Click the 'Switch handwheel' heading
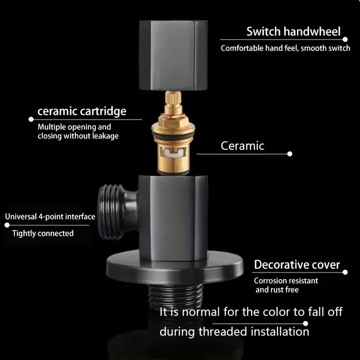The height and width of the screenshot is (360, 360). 293,32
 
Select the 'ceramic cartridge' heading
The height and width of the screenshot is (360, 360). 82,111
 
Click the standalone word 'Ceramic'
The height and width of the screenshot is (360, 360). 242,146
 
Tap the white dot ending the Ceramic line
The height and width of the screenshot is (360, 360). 290,154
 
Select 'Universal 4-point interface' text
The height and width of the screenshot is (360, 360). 50,216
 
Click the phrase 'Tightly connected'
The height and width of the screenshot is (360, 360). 43,233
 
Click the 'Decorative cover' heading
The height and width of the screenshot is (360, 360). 297,265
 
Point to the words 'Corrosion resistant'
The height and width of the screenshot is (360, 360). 286,280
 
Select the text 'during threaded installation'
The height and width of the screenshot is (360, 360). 234,332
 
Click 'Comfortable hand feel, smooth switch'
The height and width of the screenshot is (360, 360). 285,48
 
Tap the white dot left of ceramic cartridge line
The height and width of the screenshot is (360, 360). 31,119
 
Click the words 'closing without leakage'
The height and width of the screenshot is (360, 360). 78,136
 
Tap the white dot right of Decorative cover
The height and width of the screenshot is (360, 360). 345,272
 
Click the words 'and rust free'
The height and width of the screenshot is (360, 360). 277,290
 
